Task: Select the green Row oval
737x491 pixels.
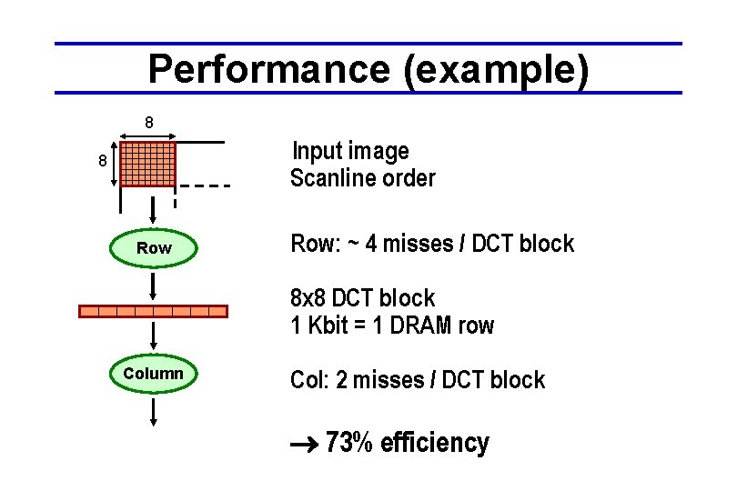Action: point(154,248)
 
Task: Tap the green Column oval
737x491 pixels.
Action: point(154,375)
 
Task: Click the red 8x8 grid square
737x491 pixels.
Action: point(147,164)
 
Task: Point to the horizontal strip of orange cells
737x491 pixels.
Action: point(153,311)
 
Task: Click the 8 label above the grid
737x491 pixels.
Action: point(148,123)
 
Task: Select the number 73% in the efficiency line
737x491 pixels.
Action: point(349,443)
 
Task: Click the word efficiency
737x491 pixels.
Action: point(435,443)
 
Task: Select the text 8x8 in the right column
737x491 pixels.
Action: point(308,298)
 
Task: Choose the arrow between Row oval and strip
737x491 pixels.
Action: point(154,285)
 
